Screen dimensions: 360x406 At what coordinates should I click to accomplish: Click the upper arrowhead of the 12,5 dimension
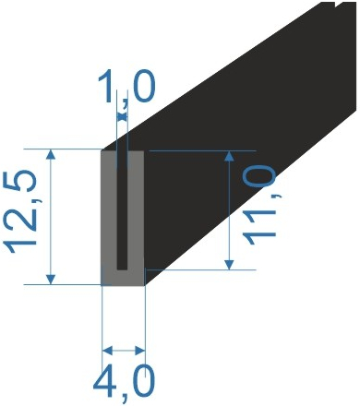coord(51,154)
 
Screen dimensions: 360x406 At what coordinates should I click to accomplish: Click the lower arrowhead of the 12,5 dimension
coord(51,280)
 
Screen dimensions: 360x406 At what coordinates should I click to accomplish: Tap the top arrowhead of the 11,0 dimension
coord(229,156)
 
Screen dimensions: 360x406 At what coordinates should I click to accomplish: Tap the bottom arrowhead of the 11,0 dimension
coord(229,265)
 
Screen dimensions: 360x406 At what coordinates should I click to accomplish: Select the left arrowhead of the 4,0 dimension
coord(107,350)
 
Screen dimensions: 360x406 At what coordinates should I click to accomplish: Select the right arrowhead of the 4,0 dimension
coord(140,350)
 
